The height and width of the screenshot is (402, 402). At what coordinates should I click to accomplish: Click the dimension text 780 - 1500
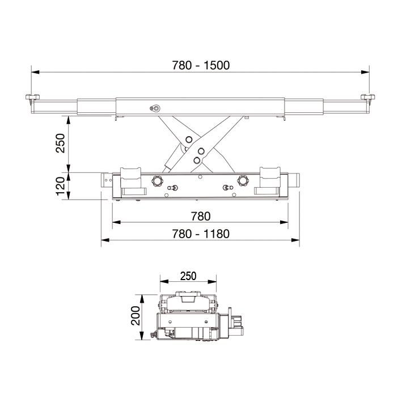point(200,65)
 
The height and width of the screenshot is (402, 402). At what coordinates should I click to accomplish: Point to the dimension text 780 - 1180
point(200,234)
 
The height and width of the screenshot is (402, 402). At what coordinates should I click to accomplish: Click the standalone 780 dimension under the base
point(200,216)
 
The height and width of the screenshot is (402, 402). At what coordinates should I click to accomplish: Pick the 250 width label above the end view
point(188,276)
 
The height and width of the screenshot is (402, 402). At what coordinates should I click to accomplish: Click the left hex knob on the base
point(156,181)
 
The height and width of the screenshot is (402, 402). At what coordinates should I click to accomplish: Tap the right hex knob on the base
point(244,181)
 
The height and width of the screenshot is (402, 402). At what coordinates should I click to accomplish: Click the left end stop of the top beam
point(31,99)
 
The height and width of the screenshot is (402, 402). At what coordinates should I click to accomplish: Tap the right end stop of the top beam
point(369,99)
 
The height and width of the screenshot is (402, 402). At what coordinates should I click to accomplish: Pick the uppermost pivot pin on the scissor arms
point(188,138)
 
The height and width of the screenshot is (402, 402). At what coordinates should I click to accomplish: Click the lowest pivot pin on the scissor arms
point(197,160)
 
